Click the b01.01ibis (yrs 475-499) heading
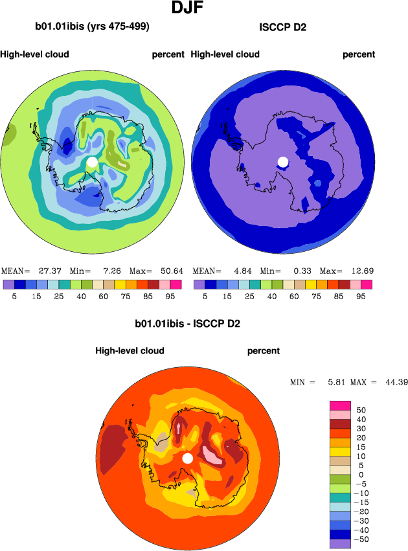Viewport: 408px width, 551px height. (93, 27)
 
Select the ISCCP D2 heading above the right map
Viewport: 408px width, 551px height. (282, 27)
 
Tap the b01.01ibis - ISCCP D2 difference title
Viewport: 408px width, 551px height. (187, 323)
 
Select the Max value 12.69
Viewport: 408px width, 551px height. (359, 271)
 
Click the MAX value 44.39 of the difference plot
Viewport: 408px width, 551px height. (394, 383)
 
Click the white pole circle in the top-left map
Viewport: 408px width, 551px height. (93, 161)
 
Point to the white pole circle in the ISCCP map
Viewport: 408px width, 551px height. (282, 161)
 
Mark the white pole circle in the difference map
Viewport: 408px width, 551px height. (187, 458)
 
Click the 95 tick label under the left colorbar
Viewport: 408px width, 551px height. (170, 295)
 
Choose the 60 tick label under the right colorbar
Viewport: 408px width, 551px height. (298, 295)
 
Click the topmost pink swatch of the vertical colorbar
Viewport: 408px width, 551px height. (340, 405)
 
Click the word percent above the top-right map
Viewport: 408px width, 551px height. (359, 54)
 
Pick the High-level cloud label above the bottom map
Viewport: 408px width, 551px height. (130, 351)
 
